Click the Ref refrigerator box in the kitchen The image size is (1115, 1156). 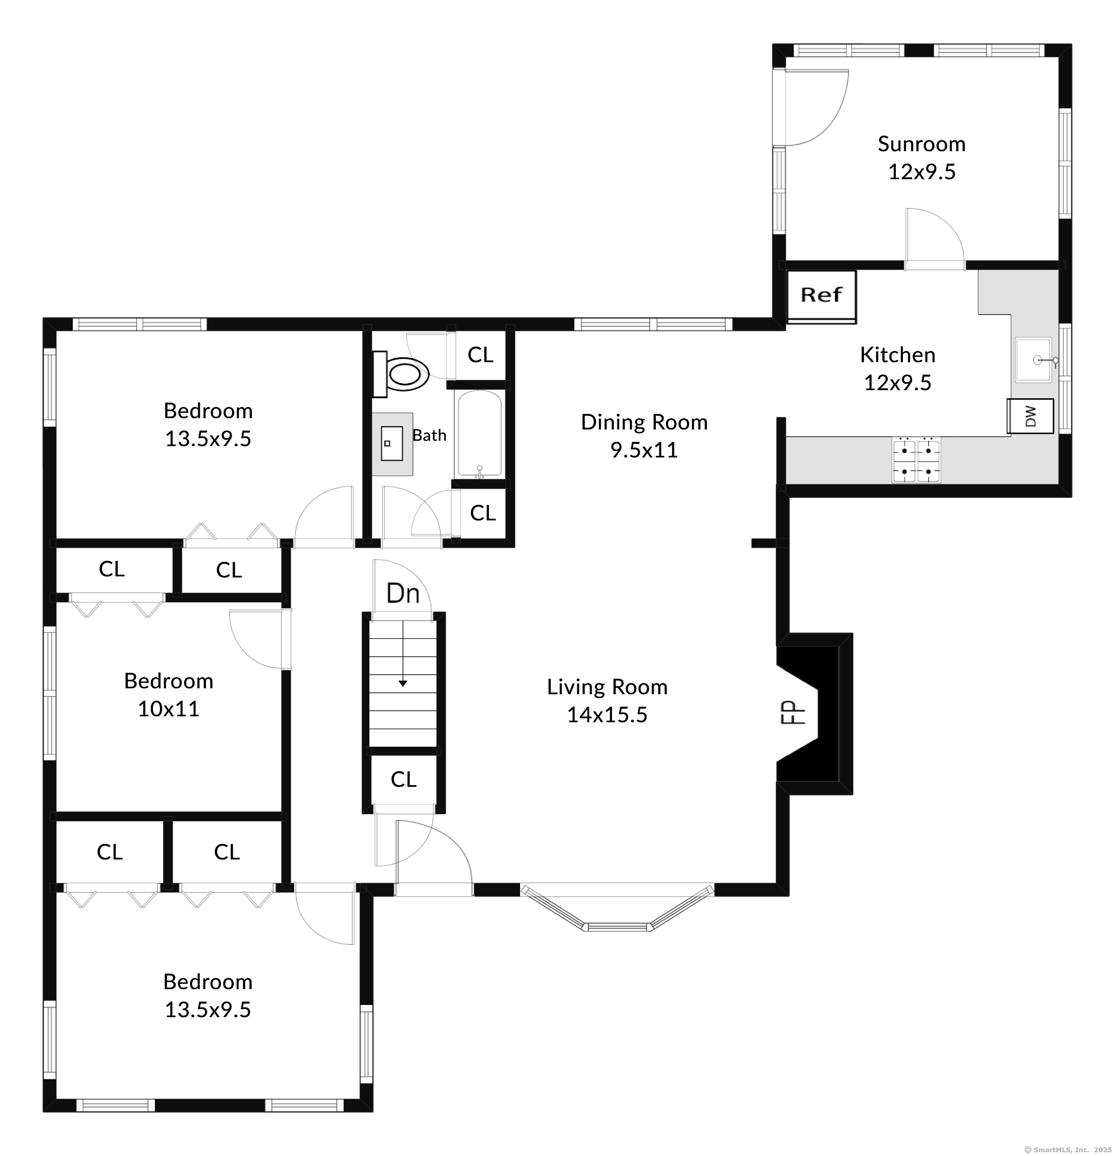click(822, 297)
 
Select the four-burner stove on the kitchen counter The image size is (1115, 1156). click(916, 461)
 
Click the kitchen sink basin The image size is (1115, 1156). click(1033, 360)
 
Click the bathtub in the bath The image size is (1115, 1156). click(479, 434)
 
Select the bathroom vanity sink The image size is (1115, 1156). click(392, 443)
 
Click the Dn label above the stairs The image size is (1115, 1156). click(403, 593)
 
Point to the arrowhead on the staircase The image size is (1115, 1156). click(403, 683)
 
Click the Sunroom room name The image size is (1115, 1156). click(922, 144)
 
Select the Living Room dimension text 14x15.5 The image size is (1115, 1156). click(607, 715)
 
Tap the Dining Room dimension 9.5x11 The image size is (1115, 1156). click(644, 450)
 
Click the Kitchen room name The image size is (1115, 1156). click(897, 355)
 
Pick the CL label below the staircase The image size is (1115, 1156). click(404, 779)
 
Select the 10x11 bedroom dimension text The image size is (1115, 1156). click(169, 708)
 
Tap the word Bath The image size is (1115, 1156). click(430, 435)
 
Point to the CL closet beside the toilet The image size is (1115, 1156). click(480, 355)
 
